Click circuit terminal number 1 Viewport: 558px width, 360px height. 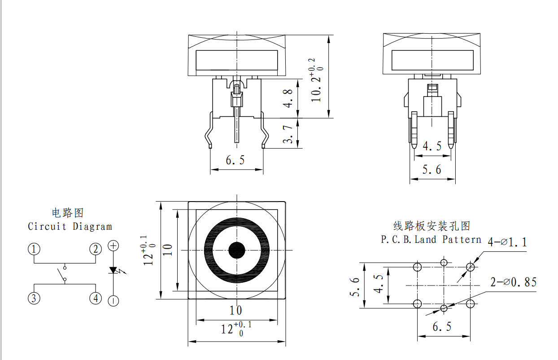click(x=34, y=249)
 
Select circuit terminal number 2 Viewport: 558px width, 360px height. click(x=96, y=249)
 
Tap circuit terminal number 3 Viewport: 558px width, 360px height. click(x=34, y=299)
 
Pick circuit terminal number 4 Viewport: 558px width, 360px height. click(x=96, y=299)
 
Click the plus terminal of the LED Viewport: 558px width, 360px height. click(x=113, y=246)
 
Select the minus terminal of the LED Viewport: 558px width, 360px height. click(x=113, y=301)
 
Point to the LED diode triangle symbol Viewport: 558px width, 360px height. click(x=113, y=270)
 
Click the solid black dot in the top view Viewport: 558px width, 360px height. click(x=237, y=250)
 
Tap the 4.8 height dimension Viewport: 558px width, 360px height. click(x=288, y=98)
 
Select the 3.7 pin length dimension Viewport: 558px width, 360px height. click(x=288, y=134)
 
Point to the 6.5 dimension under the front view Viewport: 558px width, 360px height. click(x=235, y=160)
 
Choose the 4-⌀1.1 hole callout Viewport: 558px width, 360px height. click(x=507, y=242)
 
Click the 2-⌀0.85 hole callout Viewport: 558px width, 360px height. click(x=514, y=282)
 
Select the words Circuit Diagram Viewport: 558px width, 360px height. click(x=70, y=226)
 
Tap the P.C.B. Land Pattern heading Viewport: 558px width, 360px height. click(x=431, y=239)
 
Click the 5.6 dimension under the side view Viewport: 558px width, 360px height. click(x=432, y=170)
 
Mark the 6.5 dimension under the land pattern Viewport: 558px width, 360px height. click(x=442, y=327)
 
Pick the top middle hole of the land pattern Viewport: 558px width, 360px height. click(x=444, y=263)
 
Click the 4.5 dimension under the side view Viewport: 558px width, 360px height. click(x=432, y=146)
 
